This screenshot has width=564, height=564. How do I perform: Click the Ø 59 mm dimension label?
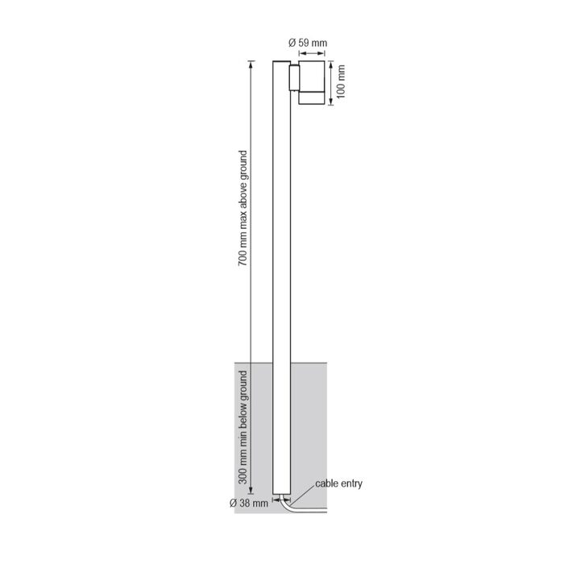point(308,43)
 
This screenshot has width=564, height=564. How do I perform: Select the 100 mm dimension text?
point(341,81)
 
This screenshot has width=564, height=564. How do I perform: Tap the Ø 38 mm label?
point(249,503)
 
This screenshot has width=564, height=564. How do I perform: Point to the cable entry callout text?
point(339,483)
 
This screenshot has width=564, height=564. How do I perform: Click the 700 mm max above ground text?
point(243,208)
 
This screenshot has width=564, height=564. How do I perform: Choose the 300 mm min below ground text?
point(243,427)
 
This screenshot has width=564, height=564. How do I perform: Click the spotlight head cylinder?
point(312,82)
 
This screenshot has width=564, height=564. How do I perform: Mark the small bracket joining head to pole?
point(294,77)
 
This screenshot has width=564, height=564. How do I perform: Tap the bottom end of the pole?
point(282,494)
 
